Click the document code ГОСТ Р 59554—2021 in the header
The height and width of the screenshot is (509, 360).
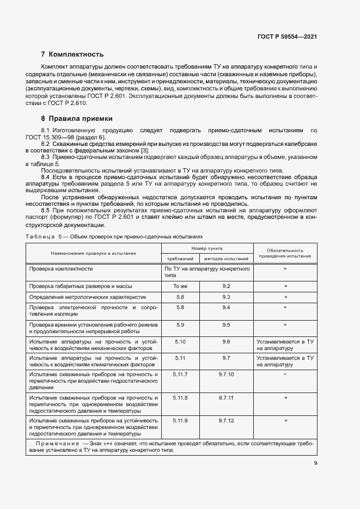tap(287, 37)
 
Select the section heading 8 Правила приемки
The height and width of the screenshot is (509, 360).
tap(77, 118)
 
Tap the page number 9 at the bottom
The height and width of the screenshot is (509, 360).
tap(315, 463)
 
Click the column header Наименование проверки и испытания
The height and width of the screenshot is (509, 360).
tap(93, 253)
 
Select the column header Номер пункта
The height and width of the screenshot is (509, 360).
tap(206, 248)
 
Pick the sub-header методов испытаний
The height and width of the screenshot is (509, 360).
tap(226, 259)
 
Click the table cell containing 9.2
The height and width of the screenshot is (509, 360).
tap(226, 286)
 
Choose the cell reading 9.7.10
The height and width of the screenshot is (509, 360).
tap(226, 375)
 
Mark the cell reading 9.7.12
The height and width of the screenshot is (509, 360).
tap(226, 421)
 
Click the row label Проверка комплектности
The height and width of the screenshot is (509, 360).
tap(61, 269)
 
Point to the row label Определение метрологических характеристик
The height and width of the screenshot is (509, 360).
tap(87, 297)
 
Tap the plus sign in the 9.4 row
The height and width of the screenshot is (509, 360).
tap(285, 308)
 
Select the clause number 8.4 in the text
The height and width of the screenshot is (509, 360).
tap(46, 177)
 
